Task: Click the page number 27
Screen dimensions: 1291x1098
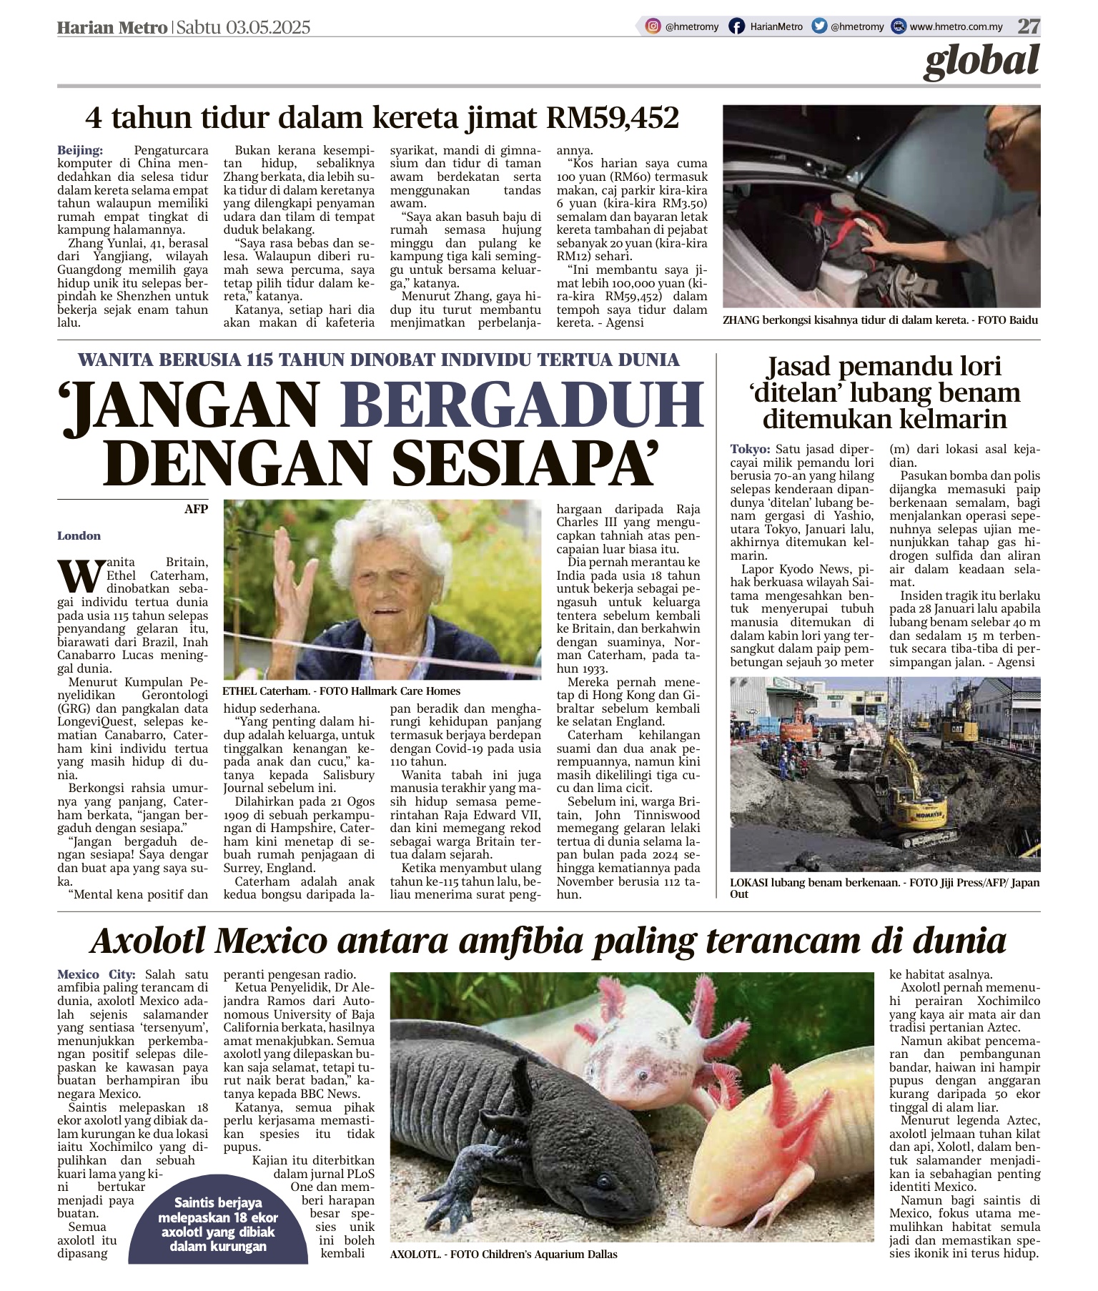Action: click(1029, 26)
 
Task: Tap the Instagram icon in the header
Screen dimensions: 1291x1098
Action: click(653, 26)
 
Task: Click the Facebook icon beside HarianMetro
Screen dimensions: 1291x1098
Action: click(736, 26)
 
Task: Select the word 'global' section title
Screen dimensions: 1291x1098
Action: click(980, 61)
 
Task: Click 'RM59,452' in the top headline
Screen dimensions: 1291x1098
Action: click(612, 118)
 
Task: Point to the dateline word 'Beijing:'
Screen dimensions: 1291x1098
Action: click(80, 151)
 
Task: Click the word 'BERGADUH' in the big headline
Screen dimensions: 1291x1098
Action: click(525, 405)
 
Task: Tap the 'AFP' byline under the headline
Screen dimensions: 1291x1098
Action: click(195, 509)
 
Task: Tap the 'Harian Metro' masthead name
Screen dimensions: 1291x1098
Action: click(112, 27)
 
